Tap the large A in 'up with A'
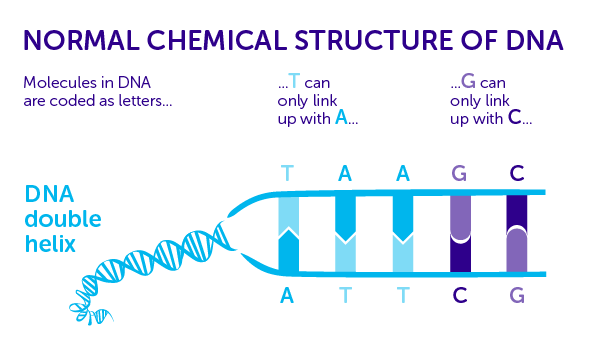341,117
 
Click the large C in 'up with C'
514,117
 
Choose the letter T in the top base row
288,173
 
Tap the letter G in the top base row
459,173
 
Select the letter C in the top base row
516,173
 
